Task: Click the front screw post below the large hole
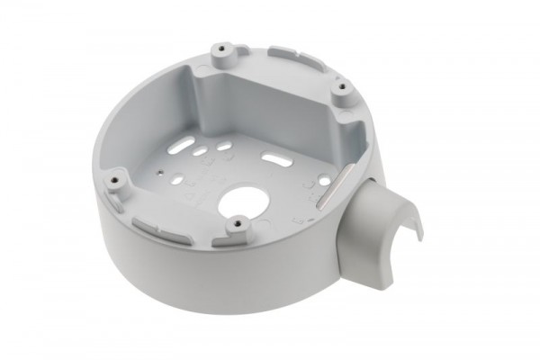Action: coord(236,221)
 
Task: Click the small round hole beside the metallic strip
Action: coord(323,181)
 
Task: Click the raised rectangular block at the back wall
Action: coord(270,99)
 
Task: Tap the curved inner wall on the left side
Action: coord(135,135)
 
